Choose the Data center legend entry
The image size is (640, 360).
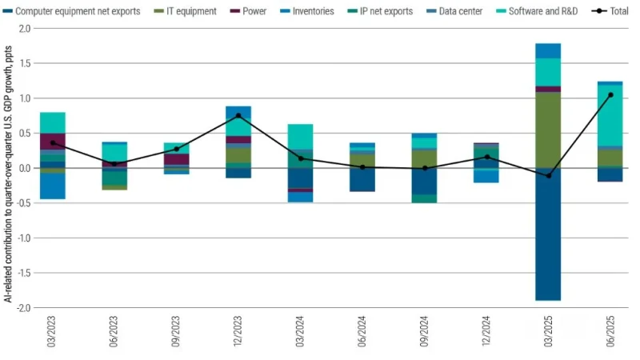tap(452, 11)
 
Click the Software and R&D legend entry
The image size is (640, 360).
tap(538, 11)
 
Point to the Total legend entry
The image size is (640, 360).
tap(611, 11)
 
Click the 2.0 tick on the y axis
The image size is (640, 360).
tap(24, 28)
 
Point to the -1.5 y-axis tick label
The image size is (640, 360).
tap(22, 273)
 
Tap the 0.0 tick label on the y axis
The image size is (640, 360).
tap(24, 168)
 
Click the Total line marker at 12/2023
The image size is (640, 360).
tap(238, 115)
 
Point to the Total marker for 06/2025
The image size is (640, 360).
tap(610, 94)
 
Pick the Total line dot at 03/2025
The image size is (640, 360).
tap(548, 175)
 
